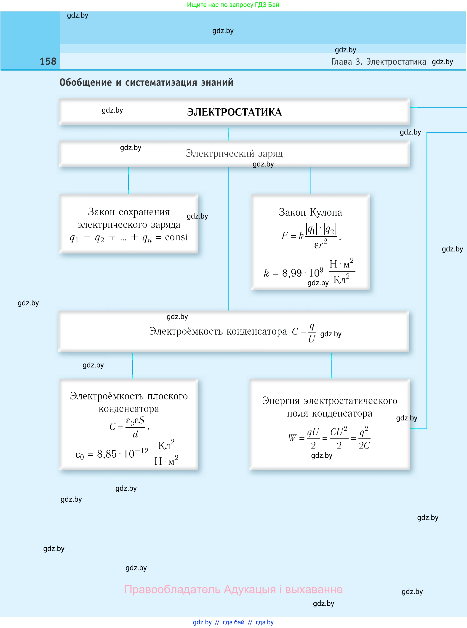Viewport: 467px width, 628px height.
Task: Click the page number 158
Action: (x=48, y=61)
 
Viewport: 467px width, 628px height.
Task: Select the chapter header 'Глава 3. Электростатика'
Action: (x=379, y=62)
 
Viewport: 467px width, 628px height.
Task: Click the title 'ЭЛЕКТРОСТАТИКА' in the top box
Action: (x=234, y=112)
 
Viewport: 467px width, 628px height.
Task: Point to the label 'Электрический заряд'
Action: (x=234, y=153)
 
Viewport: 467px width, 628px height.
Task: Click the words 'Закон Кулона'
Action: (x=310, y=212)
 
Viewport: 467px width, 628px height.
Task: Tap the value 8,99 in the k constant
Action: (x=292, y=273)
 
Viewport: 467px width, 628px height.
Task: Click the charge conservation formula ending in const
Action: (x=129, y=237)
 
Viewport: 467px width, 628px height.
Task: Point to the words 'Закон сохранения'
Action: (x=129, y=212)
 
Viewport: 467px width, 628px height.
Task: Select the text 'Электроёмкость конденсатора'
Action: (x=218, y=331)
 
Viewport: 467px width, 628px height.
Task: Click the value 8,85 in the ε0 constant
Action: (x=107, y=454)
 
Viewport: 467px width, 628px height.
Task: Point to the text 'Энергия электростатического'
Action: (x=330, y=401)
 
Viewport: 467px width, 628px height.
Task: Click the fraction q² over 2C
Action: (x=364, y=438)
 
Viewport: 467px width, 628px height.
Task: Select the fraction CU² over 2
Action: (x=339, y=438)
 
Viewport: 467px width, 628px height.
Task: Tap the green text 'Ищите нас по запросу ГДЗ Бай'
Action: (x=233, y=5)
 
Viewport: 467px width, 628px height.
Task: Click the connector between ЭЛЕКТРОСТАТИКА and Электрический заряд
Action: (x=228, y=134)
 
